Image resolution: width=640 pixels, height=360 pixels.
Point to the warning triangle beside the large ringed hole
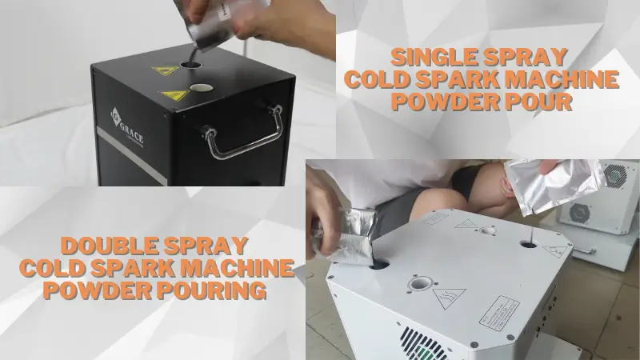point(450,298)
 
